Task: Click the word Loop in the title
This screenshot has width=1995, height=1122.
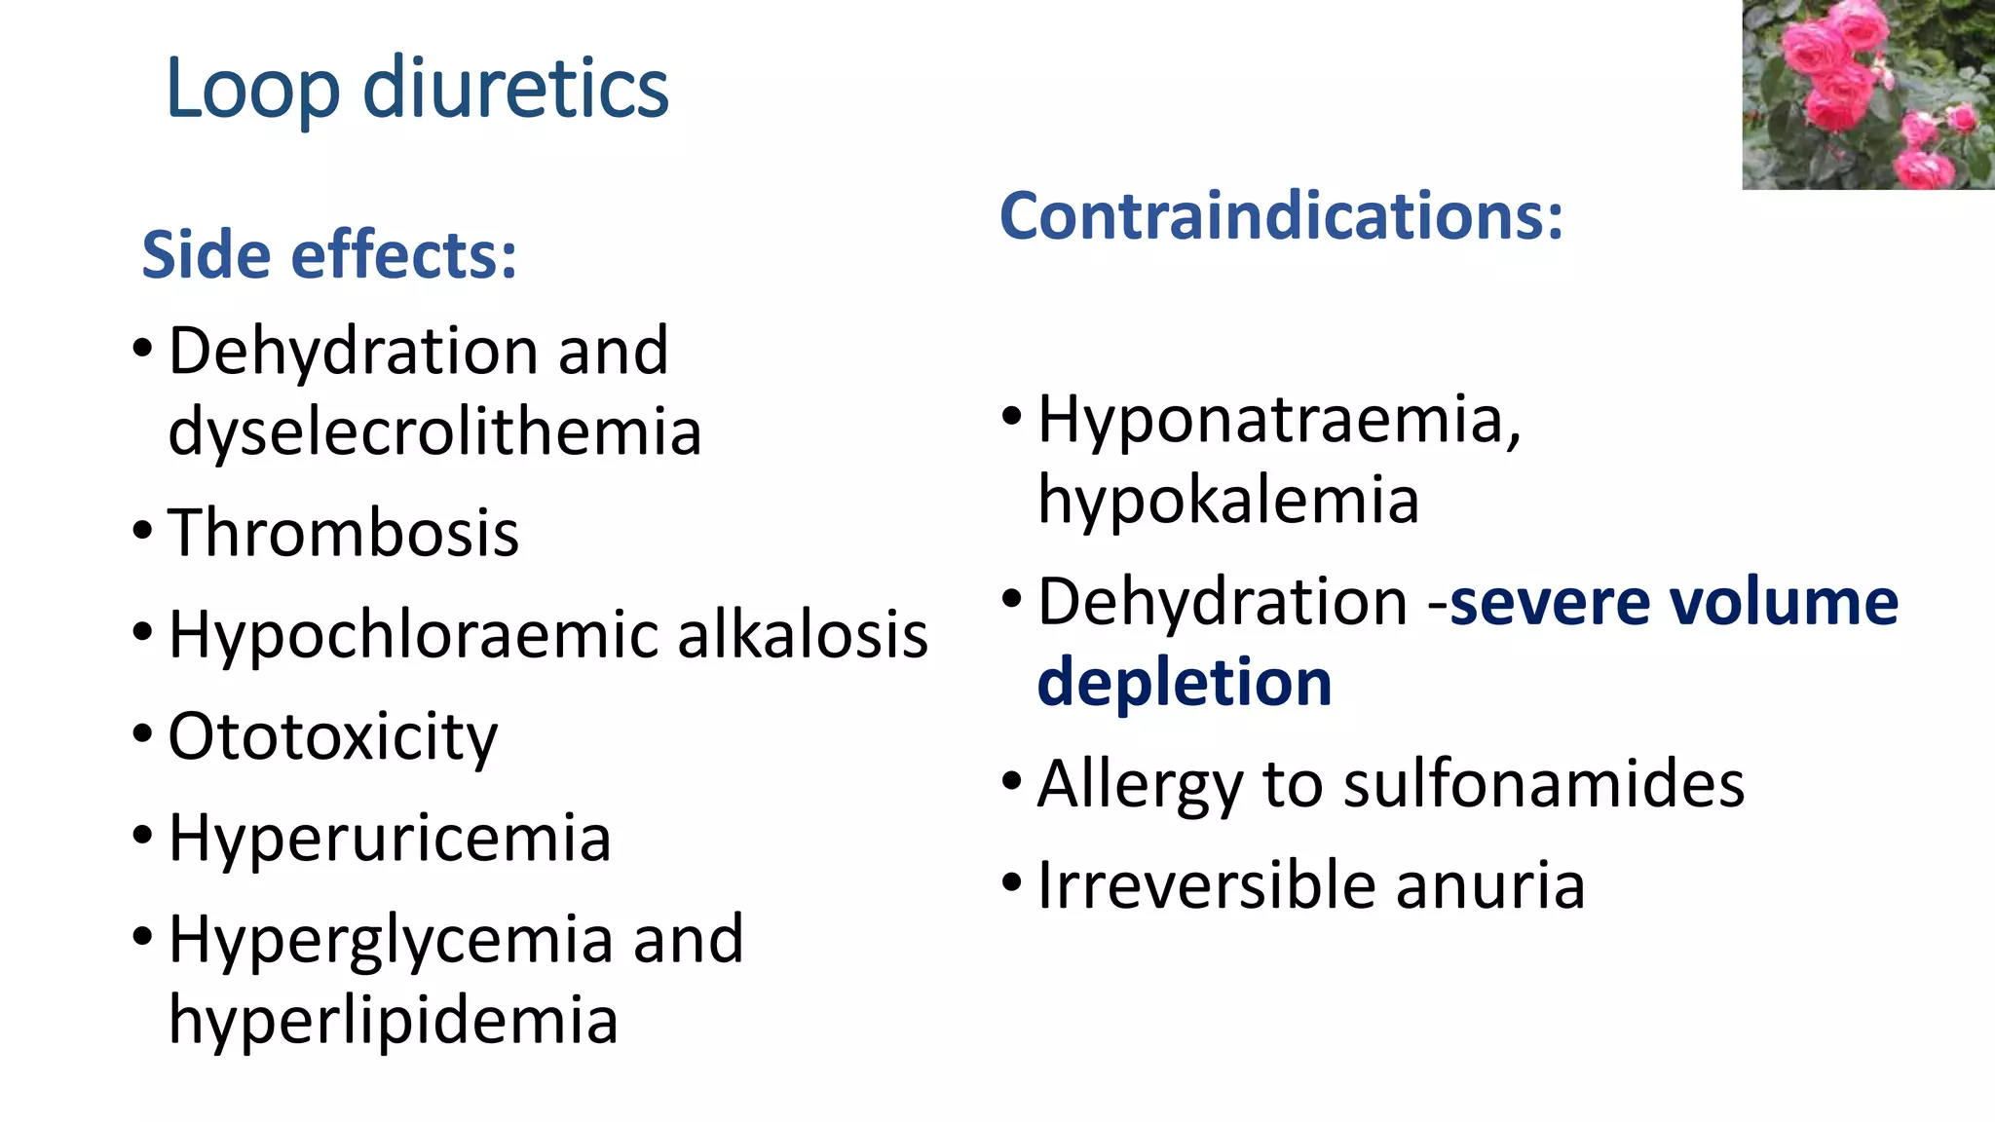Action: [253, 90]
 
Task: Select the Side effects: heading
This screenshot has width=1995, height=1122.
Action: [329, 255]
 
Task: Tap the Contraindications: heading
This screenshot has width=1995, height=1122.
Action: [1281, 215]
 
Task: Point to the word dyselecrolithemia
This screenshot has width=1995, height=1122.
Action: [434, 431]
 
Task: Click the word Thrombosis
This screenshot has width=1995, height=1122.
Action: [343, 533]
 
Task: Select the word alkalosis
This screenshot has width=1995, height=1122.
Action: [803, 635]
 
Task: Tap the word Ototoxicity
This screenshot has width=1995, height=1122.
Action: [332, 737]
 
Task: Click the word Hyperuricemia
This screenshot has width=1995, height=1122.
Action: [390, 838]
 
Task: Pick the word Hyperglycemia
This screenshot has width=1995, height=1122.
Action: [390, 941]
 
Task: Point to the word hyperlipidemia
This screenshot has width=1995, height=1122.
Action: [393, 1020]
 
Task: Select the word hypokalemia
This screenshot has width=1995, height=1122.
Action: [1227, 500]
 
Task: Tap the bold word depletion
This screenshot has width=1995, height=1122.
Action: [1185, 682]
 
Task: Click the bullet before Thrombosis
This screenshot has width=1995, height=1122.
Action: [142, 532]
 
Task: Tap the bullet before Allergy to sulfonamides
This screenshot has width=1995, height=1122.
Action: [1012, 781]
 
